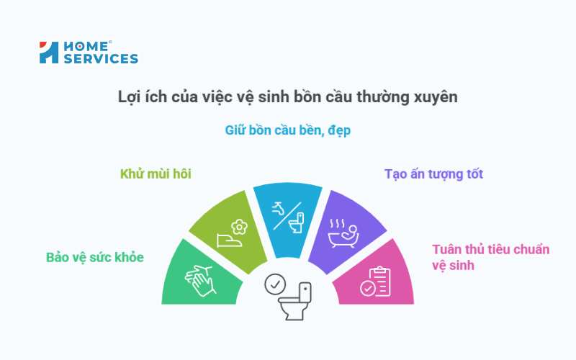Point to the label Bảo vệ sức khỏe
tap(94, 257)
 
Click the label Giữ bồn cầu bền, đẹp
tap(287, 131)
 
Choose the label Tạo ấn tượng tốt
tap(433, 174)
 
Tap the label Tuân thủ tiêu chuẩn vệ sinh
tap(490, 257)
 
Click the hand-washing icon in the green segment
tap(199, 279)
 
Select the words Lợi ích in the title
tap(138, 96)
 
